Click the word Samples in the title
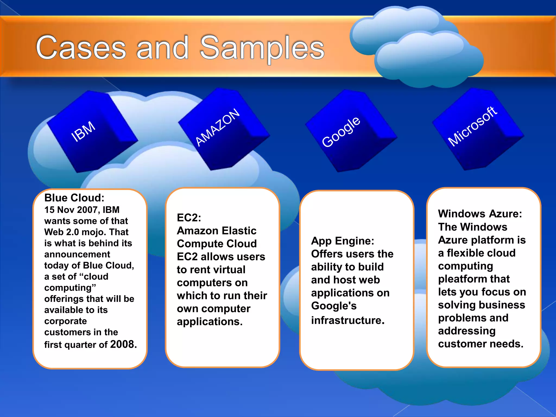262,48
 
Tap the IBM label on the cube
83,131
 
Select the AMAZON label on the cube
218,127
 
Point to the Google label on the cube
341,132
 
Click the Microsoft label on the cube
472,127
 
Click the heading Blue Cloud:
74,198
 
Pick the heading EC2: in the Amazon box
189,217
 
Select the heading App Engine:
343,241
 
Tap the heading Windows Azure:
480,214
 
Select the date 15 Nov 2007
71,210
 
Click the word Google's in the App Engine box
334,306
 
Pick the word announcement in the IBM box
77,254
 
